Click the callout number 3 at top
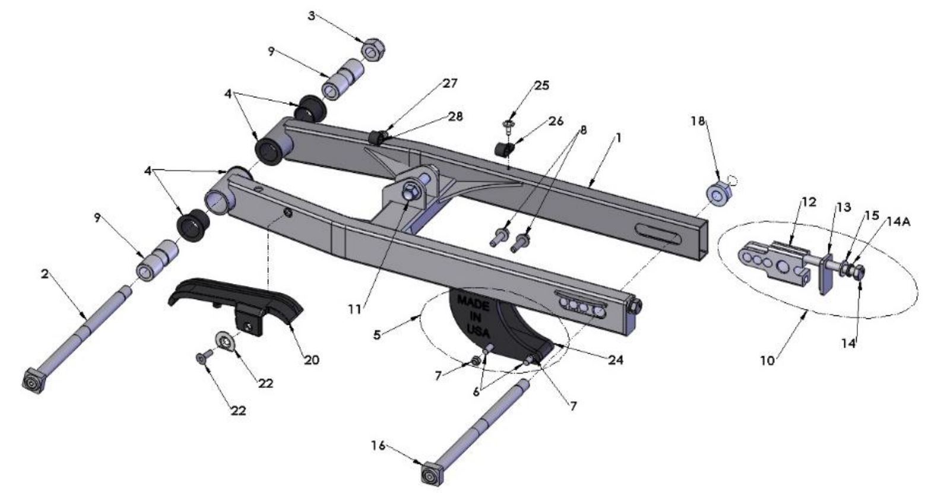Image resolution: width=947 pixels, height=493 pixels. (311, 16)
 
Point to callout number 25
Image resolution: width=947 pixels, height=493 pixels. (541, 86)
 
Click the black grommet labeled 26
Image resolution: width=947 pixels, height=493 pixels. (504, 147)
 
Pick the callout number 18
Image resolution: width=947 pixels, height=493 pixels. (697, 121)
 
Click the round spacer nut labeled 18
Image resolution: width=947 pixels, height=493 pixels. (718, 194)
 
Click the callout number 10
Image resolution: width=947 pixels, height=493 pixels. (768, 361)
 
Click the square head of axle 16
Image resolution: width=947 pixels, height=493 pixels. (429, 476)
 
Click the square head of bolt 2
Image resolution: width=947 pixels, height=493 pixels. (33, 381)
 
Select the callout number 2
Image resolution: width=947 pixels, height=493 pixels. (45, 274)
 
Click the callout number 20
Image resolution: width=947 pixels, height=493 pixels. (311, 359)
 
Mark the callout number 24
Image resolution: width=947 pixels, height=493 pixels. (616, 359)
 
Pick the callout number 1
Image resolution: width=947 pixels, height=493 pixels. (618, 137)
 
